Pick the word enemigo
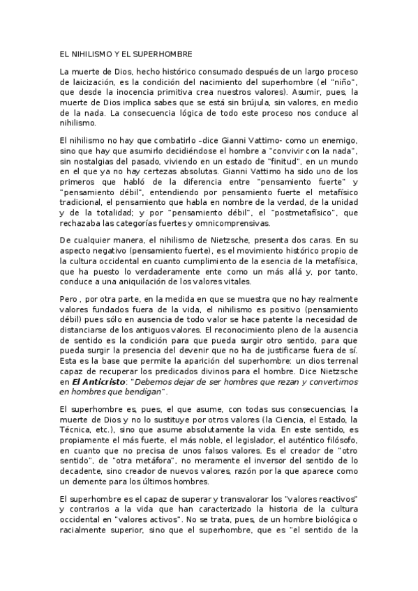[x=338, y=142]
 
